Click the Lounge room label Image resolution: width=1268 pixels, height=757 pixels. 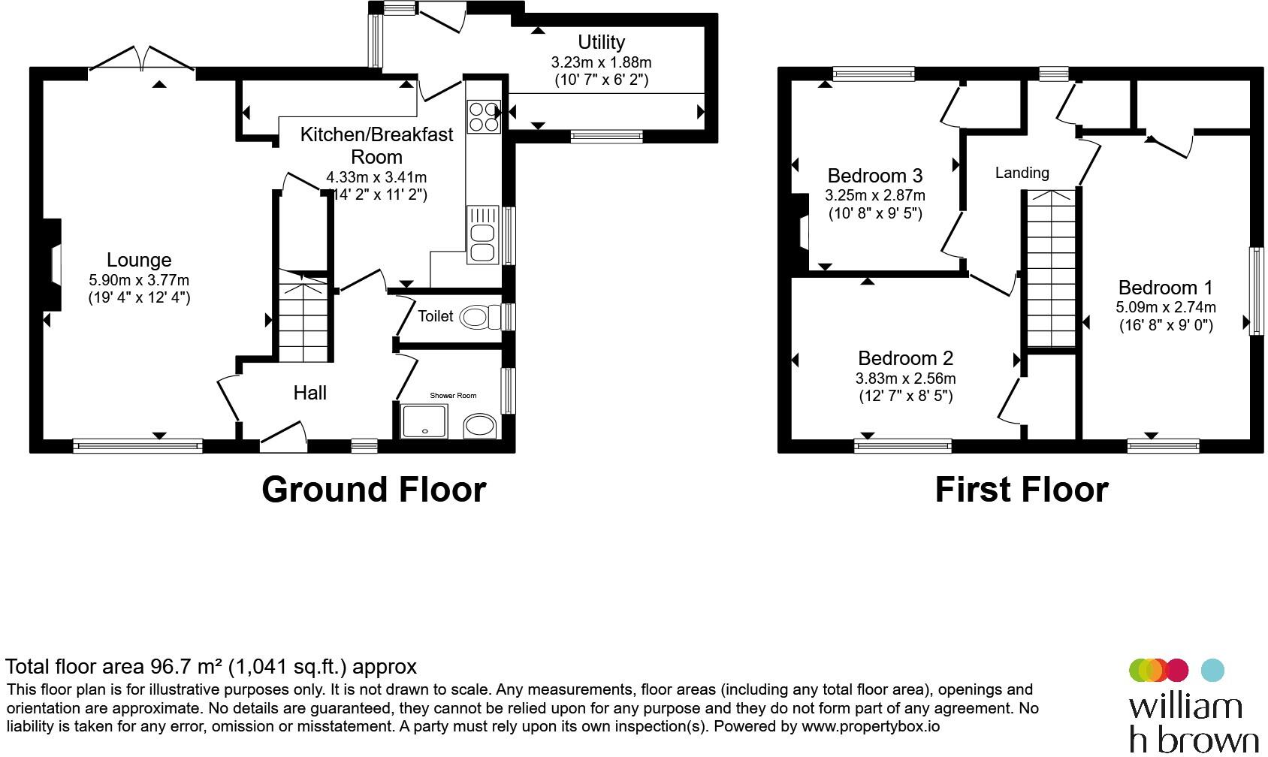139,260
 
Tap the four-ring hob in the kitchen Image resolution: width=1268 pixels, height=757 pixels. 484,116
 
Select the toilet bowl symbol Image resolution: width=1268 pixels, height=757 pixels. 480,317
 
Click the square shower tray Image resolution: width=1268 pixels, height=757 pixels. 424,421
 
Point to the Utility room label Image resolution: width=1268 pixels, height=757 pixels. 601,42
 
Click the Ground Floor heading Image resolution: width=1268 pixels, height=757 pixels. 373,490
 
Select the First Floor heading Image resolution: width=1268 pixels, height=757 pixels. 1021,490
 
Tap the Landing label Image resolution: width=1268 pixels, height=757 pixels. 1022,173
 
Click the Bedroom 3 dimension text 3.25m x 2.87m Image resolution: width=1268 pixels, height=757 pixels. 874,196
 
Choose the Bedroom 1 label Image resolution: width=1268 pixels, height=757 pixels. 1166,288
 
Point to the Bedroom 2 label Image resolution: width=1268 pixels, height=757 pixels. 906,358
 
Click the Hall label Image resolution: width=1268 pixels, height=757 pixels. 309,393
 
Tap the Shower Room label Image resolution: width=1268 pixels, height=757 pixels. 453,396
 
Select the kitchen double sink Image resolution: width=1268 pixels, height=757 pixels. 483,235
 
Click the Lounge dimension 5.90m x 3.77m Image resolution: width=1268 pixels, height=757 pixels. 139,280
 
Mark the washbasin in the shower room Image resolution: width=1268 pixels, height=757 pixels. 480,426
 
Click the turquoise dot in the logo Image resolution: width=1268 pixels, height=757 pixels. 1212,670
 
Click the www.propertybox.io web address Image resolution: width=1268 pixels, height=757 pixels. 871,726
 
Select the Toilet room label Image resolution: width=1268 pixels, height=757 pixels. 435,315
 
